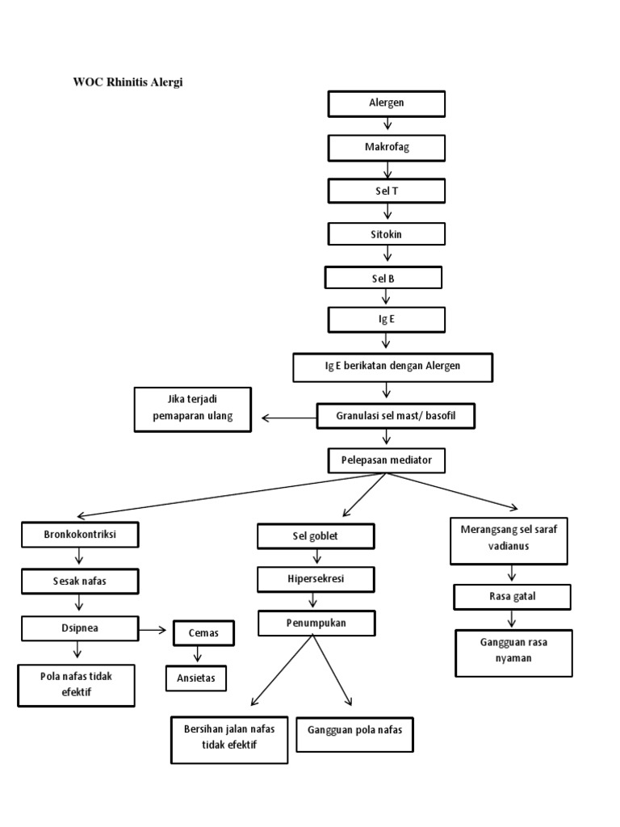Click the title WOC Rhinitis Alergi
point(128,82)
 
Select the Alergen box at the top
point(386,104)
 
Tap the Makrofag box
point(386,148)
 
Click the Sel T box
point(386,191)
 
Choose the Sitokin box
point(386,234)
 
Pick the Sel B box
point(383,278)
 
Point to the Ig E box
point(386,320)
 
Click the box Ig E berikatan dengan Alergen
point(392,367)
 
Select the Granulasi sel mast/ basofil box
point(395,416)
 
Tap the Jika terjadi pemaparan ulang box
point(193,409)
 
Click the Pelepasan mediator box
point(386,460)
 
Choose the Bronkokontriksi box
point(79,535)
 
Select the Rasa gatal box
point(512,597)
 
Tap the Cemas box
point(203,633)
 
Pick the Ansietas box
point(196,678)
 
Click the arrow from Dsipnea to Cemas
point(153,628)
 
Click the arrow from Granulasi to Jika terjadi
point(287,418)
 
